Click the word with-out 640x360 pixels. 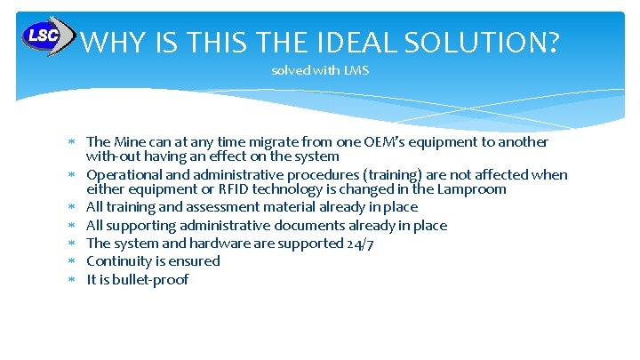[x=112, y=156]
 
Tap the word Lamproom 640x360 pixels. [x=475, y=188]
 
